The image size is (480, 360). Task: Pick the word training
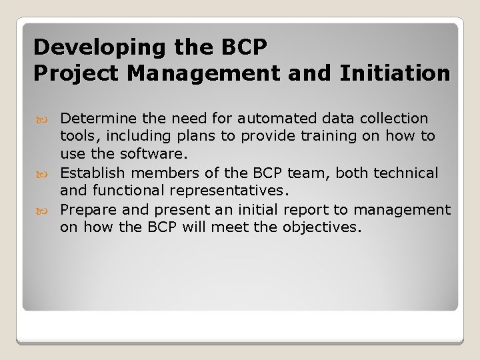[x=318, y=137]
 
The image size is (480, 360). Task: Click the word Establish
[x=90, y=173]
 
